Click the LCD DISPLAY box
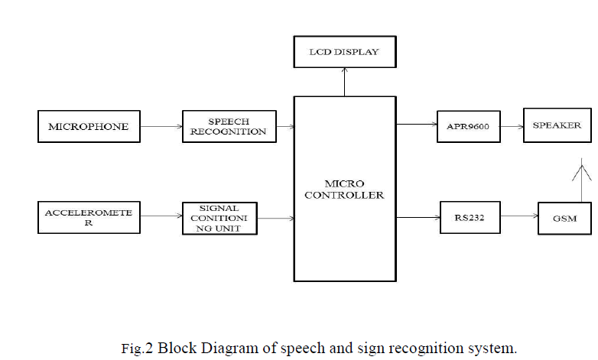coord(344,52)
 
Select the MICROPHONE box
coord(89,126)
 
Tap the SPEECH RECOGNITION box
coord(229,126)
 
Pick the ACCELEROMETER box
coord(89,217)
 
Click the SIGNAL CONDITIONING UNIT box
coord(219,218)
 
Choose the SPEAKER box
coord(557,125)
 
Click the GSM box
coord(564,219)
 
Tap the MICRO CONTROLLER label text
coord(344,190)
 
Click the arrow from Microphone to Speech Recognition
coord(161,126)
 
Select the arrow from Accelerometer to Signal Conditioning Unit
coord(161,218)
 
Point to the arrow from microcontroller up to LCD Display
coord(344,81)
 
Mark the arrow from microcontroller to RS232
coord(418,218)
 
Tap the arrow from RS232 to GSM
coord(519,218)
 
